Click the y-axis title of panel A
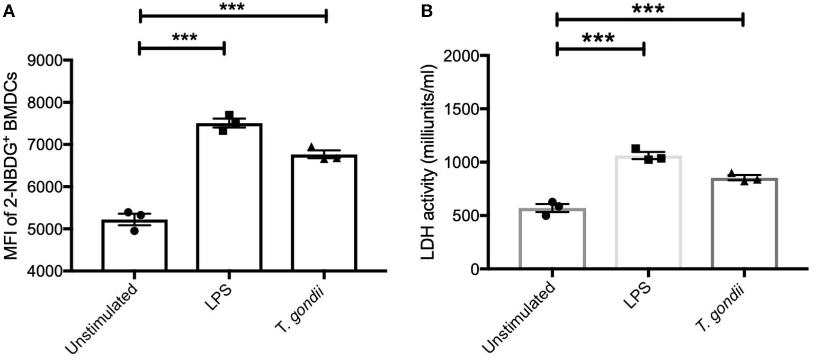(x=17, y=165)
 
